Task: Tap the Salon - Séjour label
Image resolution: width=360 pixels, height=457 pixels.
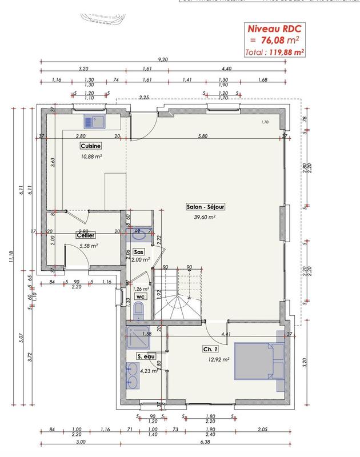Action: (203, 206)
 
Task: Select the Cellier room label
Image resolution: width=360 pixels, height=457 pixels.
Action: (85, 235)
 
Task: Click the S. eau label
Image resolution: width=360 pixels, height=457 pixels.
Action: (146, 356)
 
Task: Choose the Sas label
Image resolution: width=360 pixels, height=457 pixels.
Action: (138, 251)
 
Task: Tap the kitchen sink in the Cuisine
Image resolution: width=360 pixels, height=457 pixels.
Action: (93, 121)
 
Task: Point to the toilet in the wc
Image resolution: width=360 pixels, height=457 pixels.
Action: (138, 311)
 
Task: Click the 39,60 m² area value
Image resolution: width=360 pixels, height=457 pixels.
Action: (204, 217)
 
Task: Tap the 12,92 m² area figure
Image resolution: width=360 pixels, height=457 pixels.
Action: (218, 360)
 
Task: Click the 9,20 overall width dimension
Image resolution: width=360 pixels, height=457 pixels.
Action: (163, 59)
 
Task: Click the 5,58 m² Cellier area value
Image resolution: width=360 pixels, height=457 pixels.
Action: (89, 246)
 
